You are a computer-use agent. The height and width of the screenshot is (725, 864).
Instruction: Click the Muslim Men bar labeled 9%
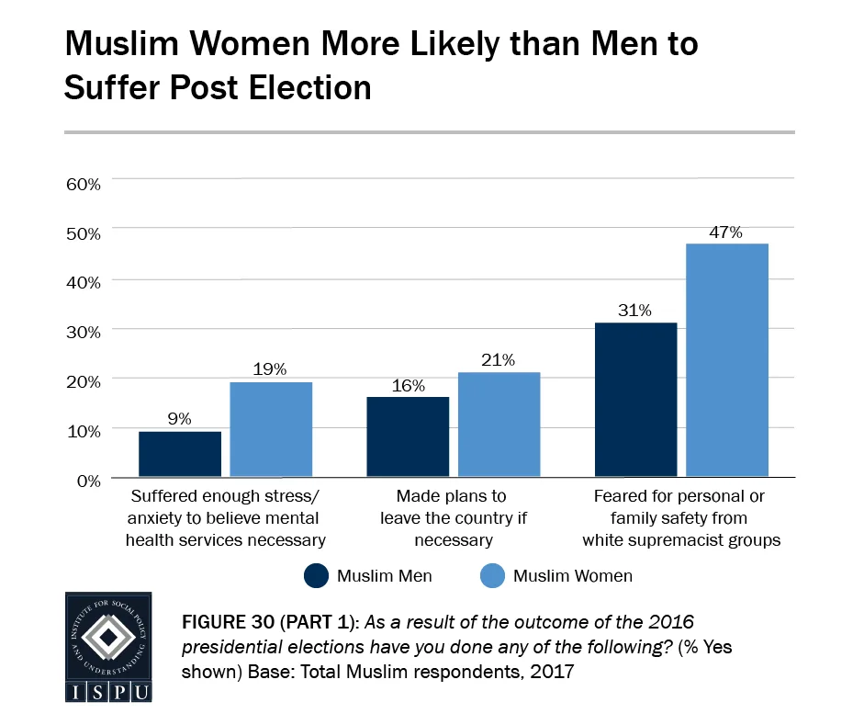point(180,454)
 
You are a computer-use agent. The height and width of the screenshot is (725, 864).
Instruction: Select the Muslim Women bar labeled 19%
point(271,429)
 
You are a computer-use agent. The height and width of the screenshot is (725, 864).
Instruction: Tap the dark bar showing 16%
point(408,436)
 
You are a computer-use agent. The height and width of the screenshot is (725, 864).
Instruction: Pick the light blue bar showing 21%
point(499,425)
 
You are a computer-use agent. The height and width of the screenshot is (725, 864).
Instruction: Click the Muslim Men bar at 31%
point(635,400)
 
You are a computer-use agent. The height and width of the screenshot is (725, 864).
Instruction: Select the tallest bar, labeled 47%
point(726,360)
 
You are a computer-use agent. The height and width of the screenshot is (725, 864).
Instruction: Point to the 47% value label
point(725,232)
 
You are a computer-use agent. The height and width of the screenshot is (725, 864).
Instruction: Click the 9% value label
point(180,419)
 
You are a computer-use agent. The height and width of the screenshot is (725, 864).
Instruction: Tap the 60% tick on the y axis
point(83,183)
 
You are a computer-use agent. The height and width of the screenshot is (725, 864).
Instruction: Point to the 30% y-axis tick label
point(83,331)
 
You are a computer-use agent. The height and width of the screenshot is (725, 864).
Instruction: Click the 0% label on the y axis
point(88,480)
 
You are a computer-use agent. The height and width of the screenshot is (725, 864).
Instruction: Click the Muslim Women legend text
point(572,576)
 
